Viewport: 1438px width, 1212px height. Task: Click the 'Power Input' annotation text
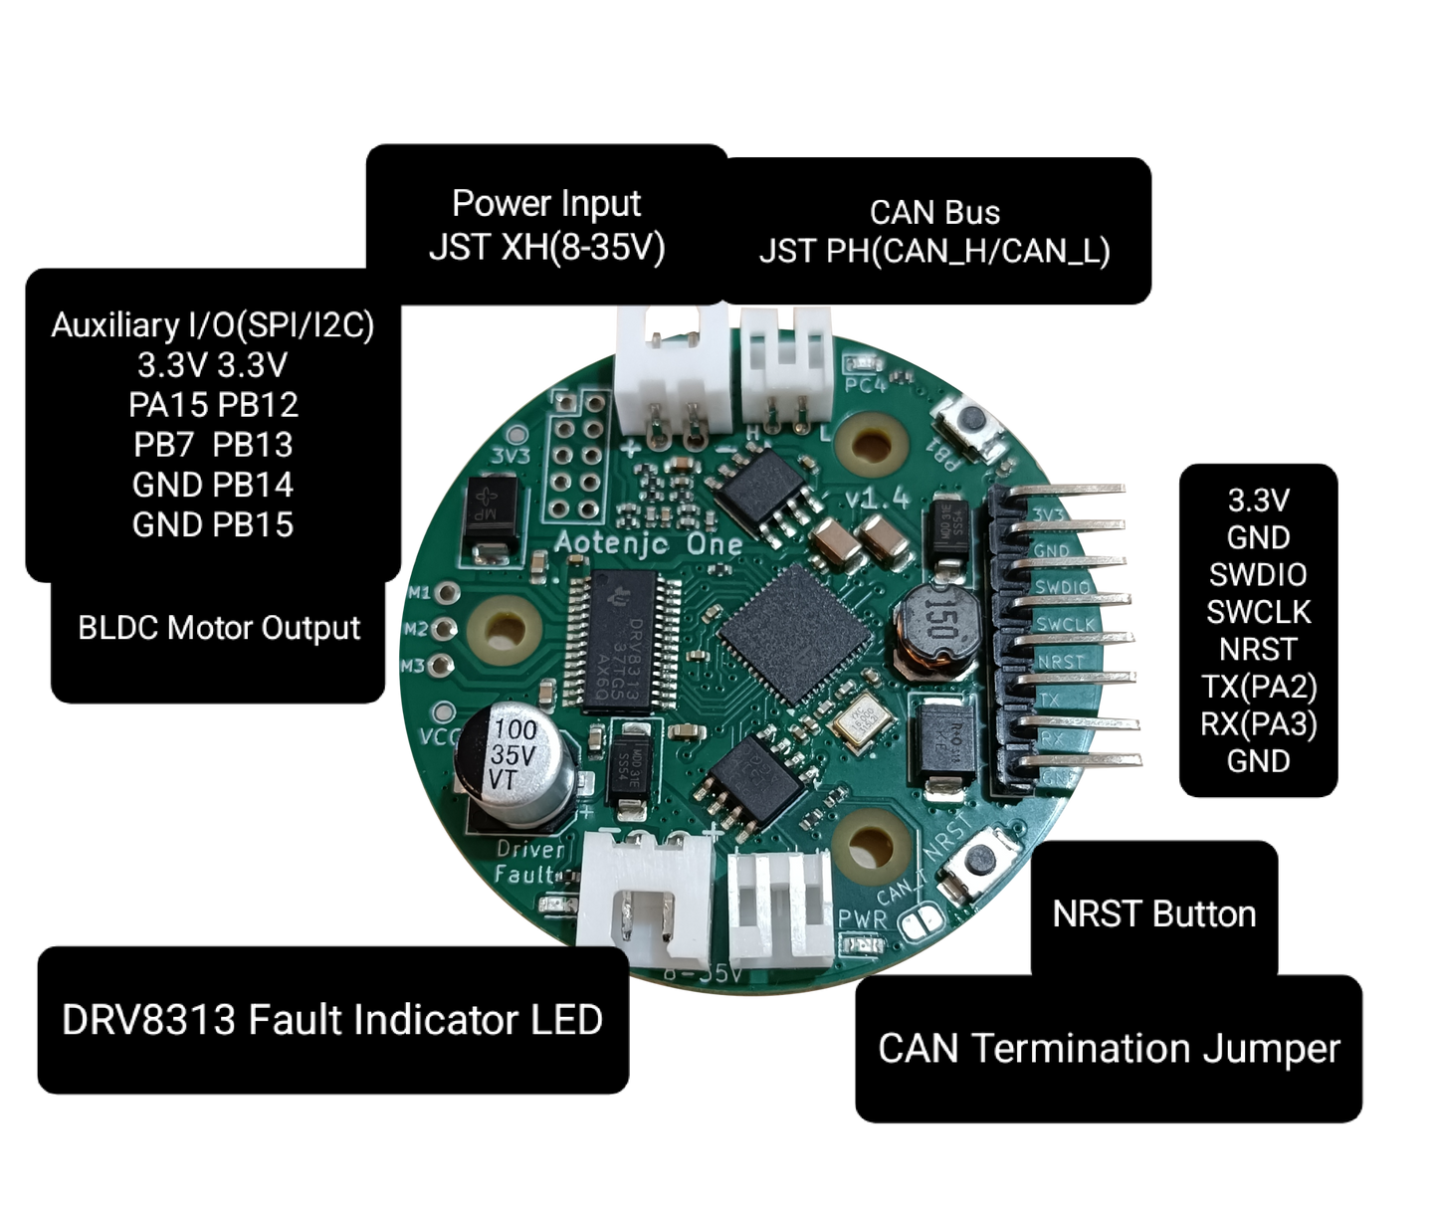(x=546, y=204)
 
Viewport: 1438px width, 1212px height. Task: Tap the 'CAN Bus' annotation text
(x=934, y=213)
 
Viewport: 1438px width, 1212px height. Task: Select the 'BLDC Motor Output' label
(x=219, y=629)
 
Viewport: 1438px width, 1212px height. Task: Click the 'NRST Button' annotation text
(x=1153, y=914)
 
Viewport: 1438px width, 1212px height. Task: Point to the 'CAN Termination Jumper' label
(x=1109, y=1049)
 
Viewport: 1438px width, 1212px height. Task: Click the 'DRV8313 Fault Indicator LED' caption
(x=332, y=1021)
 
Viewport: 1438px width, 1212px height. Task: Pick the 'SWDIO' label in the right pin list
(x=1258, y=575)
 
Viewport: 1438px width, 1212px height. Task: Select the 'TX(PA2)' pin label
(x=1258, y=686)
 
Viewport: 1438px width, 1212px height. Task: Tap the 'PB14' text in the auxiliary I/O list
(x=254, y=486)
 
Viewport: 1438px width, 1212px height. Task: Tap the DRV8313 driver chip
(x=624, y=642)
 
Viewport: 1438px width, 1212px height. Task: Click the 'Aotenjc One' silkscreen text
(x=649, y=543)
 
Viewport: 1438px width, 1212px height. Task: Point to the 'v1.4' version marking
(x=876, y=498)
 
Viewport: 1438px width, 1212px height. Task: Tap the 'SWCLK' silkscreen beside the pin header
(x=1065, y=624)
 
